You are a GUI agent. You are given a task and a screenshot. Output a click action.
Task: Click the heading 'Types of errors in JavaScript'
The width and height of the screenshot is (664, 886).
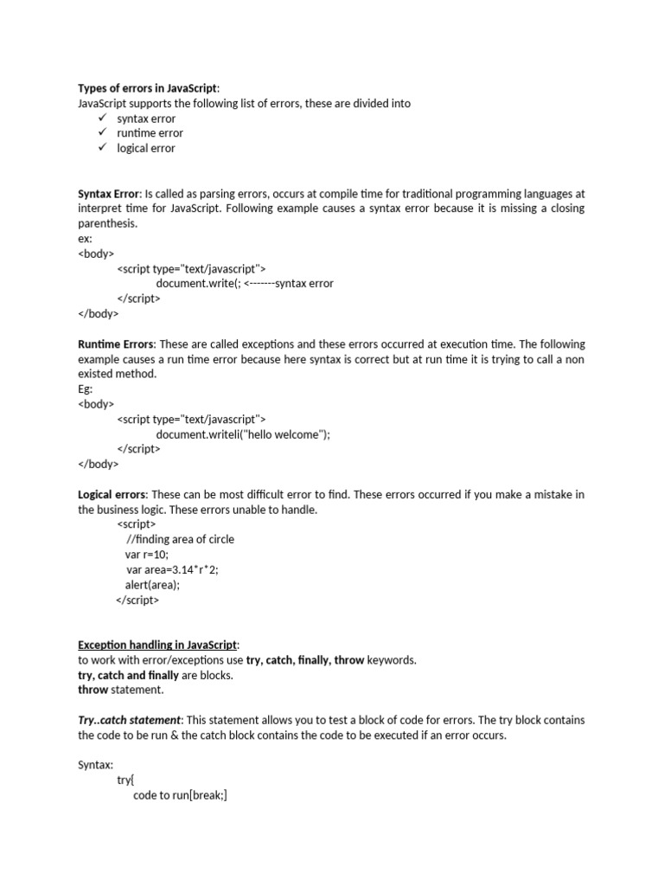[148, 87]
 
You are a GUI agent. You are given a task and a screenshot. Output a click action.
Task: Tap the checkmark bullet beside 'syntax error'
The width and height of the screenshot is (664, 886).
[101, 118]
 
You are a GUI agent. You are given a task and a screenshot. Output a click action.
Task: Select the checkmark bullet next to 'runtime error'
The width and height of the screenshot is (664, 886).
[101, 132]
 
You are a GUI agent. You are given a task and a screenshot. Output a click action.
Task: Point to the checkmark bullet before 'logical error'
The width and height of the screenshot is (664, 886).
[101, 147]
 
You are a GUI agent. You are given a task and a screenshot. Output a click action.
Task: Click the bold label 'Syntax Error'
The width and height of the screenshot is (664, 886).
[108, 193]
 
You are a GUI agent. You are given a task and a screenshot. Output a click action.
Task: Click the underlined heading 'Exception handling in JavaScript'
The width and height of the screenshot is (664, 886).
[156, 645]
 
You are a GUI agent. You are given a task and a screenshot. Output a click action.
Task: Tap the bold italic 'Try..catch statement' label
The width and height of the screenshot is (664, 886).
[130, 720]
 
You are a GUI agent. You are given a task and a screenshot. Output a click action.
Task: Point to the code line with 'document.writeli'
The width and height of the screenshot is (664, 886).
[243, 433]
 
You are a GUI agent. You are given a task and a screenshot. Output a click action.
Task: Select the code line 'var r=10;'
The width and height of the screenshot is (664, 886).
[148, 554]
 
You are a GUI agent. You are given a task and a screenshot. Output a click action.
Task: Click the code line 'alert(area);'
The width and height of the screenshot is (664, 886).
[153, 584]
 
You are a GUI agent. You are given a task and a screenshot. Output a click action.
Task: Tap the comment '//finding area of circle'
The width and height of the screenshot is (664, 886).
[180, 539]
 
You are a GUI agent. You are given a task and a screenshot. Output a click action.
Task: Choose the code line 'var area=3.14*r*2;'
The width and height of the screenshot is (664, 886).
[172, 569]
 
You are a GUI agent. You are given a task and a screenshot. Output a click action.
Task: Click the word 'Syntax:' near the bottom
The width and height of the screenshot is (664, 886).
[96, 765]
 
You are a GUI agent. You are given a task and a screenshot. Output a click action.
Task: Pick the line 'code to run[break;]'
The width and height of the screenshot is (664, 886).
[180, 795]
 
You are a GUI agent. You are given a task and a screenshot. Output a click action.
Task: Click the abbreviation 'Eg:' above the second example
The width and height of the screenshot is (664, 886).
[86, 388]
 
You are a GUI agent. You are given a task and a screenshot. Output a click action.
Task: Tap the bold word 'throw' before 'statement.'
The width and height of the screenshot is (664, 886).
[93, 690]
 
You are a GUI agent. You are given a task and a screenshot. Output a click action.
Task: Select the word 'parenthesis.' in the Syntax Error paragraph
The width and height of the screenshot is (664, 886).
[107, 223]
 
